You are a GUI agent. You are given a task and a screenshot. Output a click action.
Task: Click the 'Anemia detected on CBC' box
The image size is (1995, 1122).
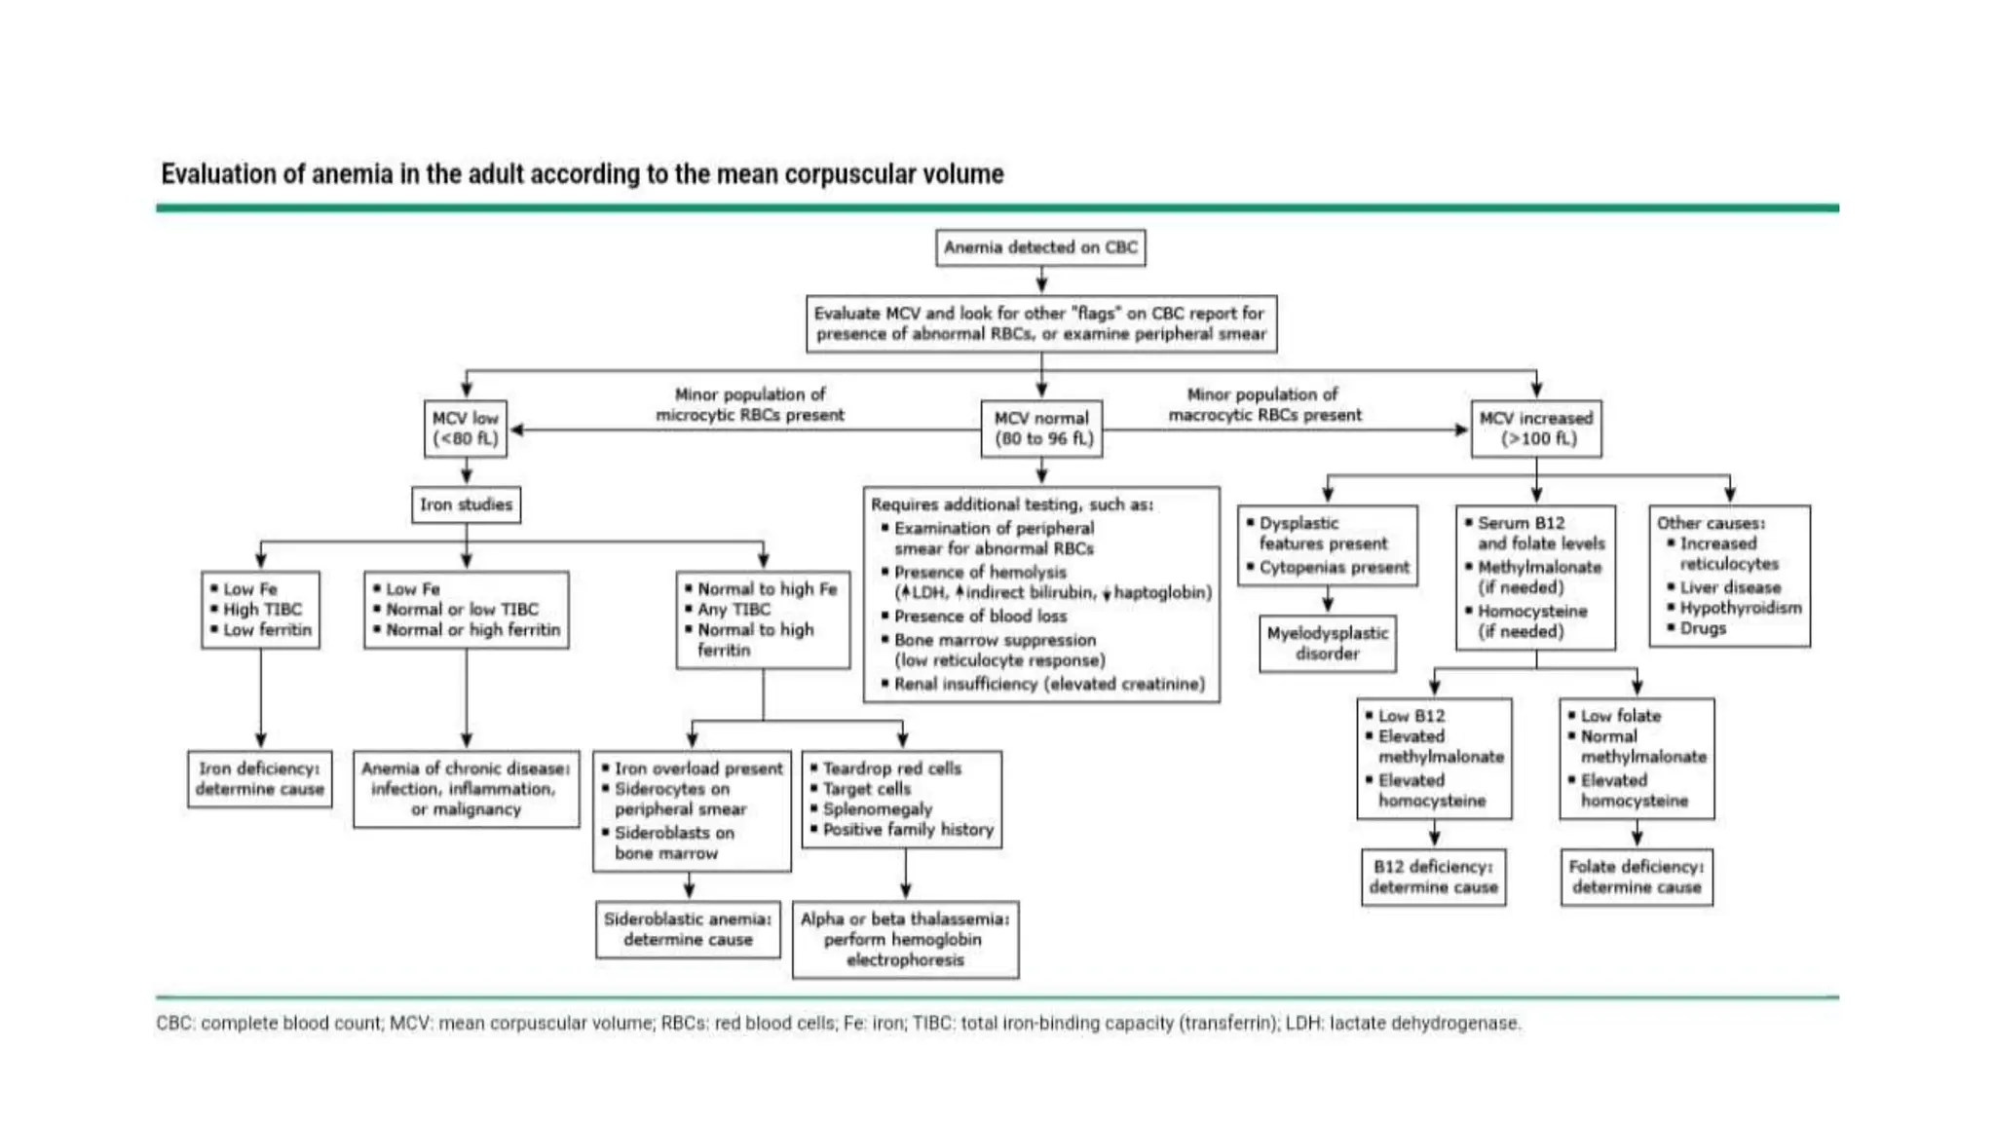tap(1040, 247)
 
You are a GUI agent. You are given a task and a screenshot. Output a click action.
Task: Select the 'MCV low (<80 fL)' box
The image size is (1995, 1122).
tap(466, 429)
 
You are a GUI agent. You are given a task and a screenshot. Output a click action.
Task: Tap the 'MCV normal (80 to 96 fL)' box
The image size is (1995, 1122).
tap(1041, 429)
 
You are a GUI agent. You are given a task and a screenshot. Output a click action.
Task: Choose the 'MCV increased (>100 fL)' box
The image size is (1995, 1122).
tap(1536, 429)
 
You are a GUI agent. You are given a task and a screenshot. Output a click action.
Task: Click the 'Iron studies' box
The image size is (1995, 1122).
tap(466, 505)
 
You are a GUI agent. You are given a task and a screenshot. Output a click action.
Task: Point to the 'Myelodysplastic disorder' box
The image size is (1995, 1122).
tap(1327, 643)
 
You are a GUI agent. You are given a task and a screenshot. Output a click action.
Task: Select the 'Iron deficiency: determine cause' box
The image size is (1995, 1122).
tap(259, 778)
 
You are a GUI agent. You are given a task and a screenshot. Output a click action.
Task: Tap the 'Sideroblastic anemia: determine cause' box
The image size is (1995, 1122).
tap(688, 929)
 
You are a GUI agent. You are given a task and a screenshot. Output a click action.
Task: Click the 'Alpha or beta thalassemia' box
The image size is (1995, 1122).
tap(905, 939)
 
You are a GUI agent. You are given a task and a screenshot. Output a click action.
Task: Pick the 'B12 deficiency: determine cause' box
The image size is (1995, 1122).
tap(1433, 877)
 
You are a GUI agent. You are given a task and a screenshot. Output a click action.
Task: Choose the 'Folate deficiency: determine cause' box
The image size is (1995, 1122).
tap(1637, 877)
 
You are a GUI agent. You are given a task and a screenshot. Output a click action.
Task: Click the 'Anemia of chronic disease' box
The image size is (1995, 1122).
tap(466, 789)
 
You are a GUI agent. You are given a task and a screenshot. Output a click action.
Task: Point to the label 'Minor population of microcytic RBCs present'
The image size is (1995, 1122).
tap(749, 404)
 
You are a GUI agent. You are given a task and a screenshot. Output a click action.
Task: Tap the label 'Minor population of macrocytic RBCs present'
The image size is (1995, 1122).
tap(1264, 404)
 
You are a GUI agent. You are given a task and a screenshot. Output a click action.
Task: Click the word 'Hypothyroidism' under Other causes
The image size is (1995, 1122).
tap(1740, 608)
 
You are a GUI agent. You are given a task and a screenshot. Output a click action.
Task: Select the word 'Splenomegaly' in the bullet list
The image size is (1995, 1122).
tap(877, 809)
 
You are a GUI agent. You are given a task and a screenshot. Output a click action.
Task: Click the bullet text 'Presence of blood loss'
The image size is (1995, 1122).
tap(980, 617)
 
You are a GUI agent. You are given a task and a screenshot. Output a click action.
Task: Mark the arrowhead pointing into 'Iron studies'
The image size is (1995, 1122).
tap(467, 478)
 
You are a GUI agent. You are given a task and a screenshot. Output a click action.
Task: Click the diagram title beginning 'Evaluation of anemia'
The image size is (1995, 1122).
tap(582, 174)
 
